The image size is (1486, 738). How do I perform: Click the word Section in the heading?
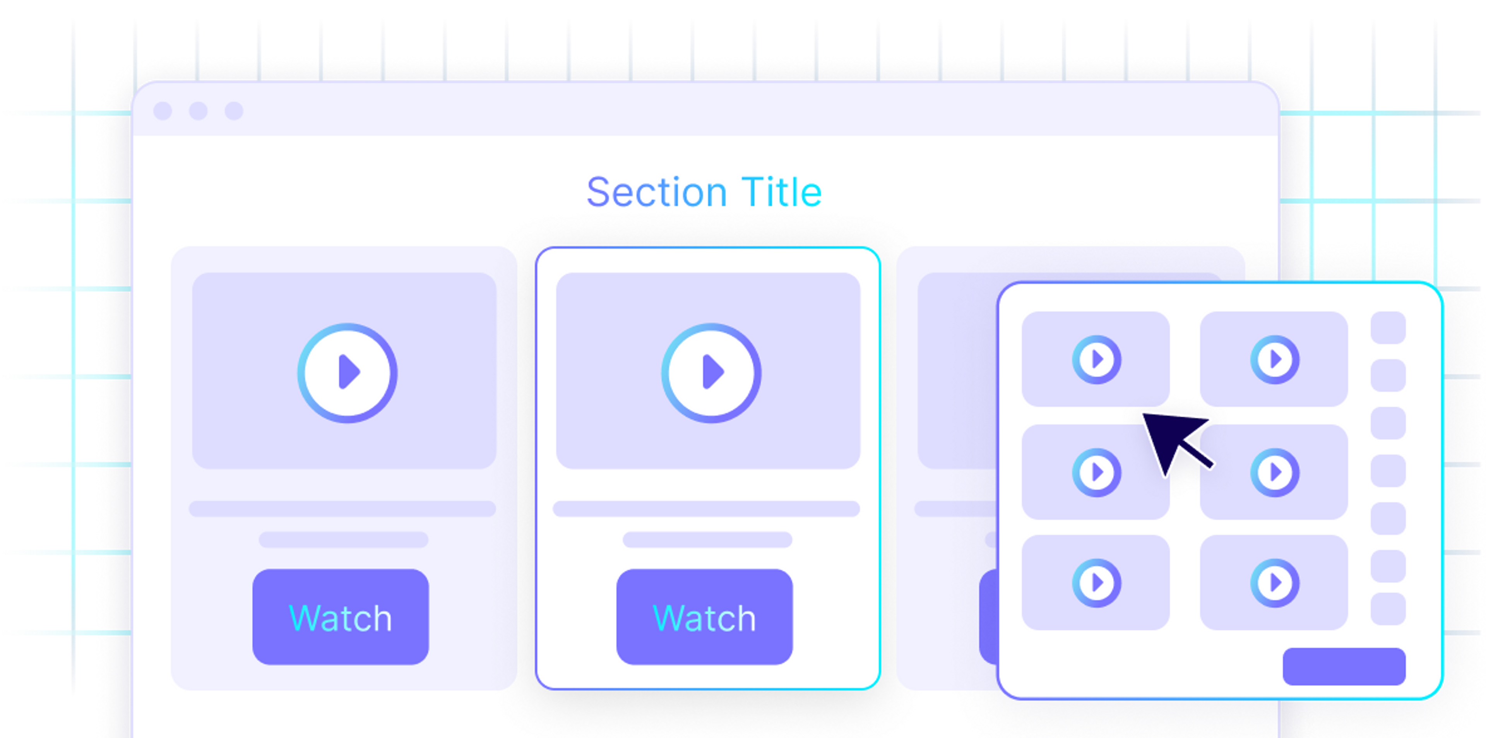656,192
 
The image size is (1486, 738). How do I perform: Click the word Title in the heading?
782,192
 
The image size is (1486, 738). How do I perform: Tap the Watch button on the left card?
341,617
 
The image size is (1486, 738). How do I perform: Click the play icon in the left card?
347,373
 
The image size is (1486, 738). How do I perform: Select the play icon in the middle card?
711,373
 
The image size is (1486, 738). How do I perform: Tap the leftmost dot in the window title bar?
163,111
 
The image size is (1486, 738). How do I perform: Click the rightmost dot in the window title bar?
234,111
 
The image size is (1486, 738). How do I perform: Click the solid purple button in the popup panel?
1344,666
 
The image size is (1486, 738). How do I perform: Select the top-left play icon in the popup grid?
1097,360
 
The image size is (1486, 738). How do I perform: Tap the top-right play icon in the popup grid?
1275,360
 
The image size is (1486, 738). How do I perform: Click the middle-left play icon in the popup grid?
1097,473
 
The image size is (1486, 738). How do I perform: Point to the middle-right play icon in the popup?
1275,473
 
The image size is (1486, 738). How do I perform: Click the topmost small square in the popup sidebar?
1388,328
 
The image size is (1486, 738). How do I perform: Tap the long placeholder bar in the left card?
342,509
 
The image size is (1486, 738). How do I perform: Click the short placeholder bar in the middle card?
707,539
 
